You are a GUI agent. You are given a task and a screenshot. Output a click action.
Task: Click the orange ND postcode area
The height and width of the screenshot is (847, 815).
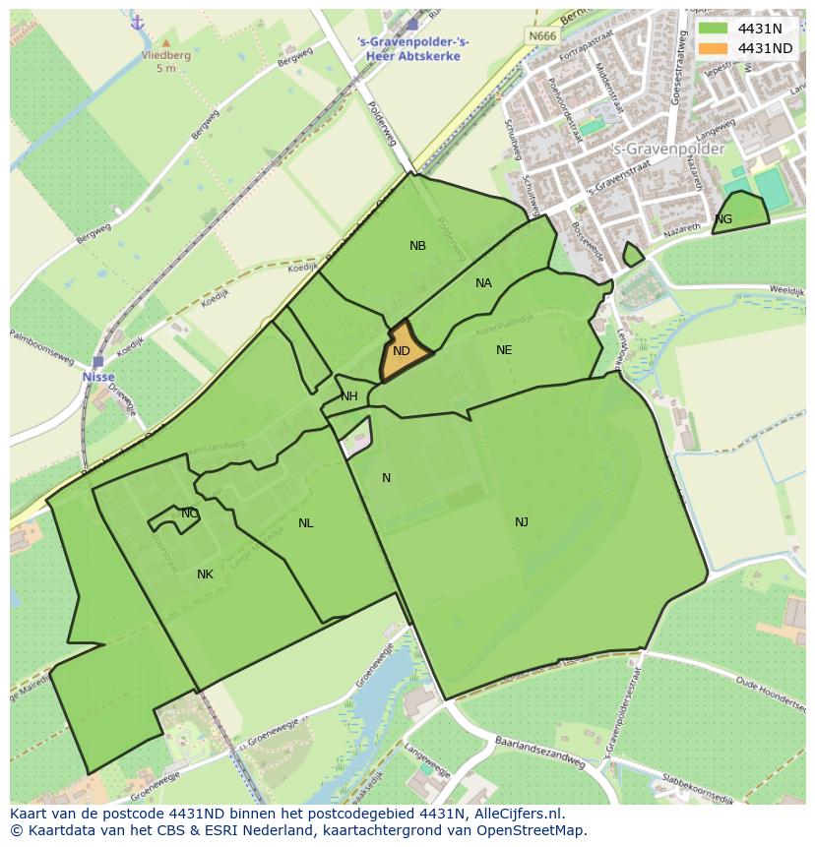click(x=404, y=351)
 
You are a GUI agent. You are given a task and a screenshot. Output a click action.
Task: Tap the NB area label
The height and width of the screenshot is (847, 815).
click(x=418, y=246)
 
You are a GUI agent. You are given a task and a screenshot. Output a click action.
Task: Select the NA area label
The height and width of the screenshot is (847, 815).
click(x=483, y=283)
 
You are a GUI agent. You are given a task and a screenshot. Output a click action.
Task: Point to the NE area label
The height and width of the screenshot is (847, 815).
click(x=504, y=350)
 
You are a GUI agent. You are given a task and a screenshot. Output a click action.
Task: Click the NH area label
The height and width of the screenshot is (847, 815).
click(x=349, y=396)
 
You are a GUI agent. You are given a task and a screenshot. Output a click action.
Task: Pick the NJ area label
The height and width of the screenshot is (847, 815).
click(x=522, y=522)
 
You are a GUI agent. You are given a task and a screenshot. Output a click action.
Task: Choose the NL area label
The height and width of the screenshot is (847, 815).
click(x=306, y=523)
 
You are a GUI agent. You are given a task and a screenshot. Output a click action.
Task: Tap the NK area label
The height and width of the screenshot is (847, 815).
click(x=205, y=575)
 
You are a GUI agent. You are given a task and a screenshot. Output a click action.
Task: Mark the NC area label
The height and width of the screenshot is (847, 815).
click(x=190, y=514)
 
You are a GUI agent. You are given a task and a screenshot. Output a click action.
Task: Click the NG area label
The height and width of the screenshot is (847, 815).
click(x=723, y=219)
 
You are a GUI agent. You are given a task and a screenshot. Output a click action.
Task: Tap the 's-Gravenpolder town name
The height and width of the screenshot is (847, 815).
click(x=668, y=150)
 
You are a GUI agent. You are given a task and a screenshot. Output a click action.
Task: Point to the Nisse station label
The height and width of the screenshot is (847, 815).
click(x=97, y=377)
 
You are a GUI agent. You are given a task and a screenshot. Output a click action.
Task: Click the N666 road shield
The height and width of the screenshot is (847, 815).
click(x=542, y=36)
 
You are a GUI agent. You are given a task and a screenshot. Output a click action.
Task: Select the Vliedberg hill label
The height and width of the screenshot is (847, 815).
click(x=164, y=56)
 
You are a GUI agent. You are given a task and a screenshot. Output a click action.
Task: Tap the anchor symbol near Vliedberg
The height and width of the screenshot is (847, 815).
click(x=137, y=22)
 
